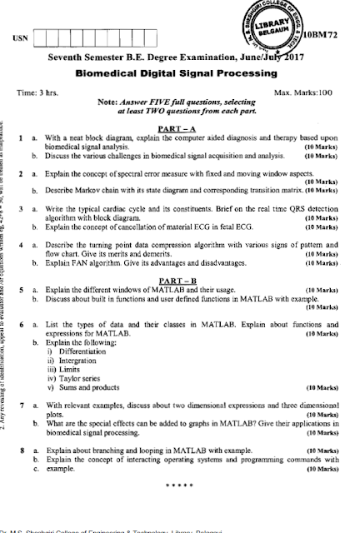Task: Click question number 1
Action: coord(20,136)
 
